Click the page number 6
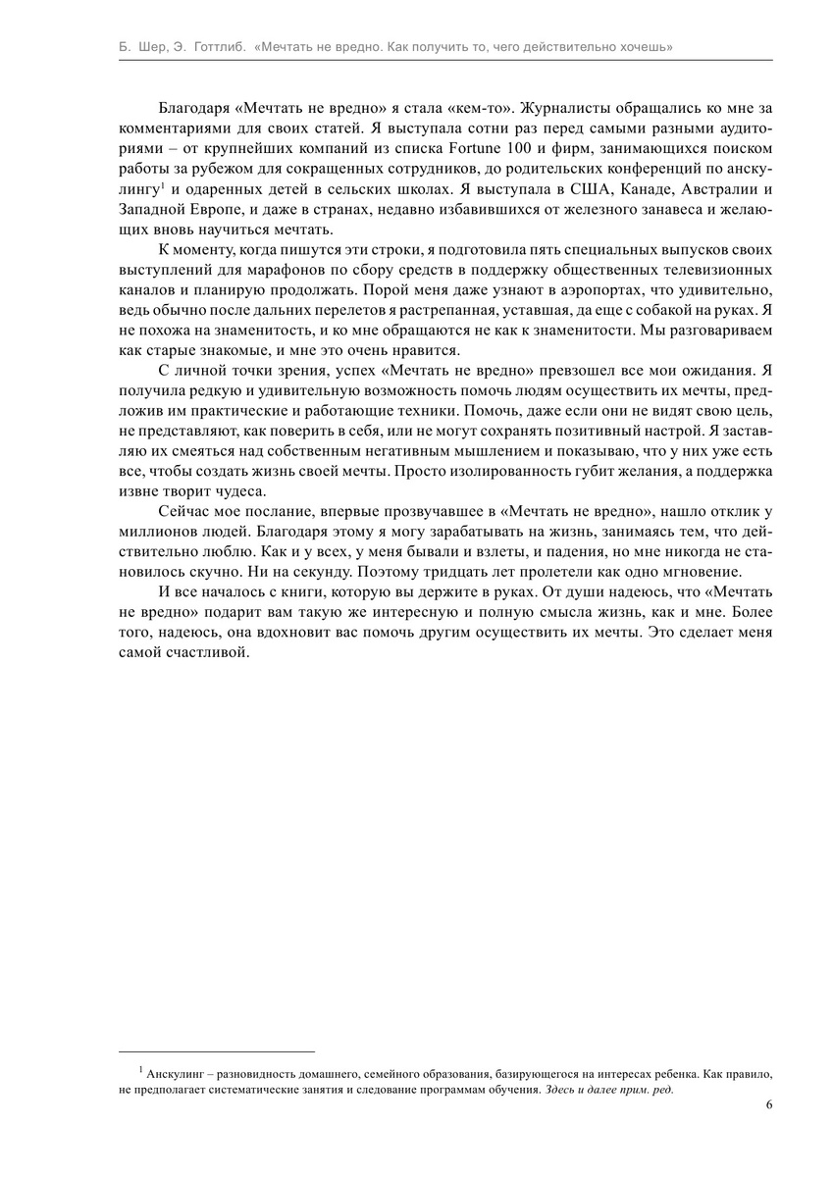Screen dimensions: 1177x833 768,1104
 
